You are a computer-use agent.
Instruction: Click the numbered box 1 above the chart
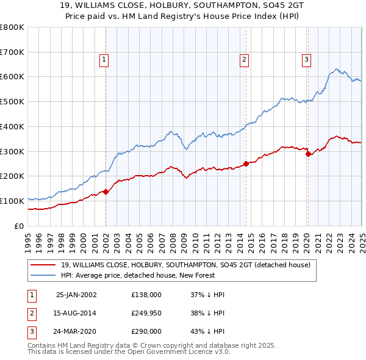pos(105,60)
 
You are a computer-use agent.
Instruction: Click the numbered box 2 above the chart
pos(244,60)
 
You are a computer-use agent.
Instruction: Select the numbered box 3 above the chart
pos(306,60)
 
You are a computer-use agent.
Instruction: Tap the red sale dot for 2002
pos(106,192)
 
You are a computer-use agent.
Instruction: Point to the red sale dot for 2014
pos(246,164)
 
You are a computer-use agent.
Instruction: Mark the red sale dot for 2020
pos(308,154)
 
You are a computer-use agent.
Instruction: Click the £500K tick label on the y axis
pos(12,101)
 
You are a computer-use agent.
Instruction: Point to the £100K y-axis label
pos(12,201)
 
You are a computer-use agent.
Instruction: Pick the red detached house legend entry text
pos(185,265)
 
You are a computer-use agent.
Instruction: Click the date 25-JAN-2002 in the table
pos(76,294)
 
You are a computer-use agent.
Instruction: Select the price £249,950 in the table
pos(146,313)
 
